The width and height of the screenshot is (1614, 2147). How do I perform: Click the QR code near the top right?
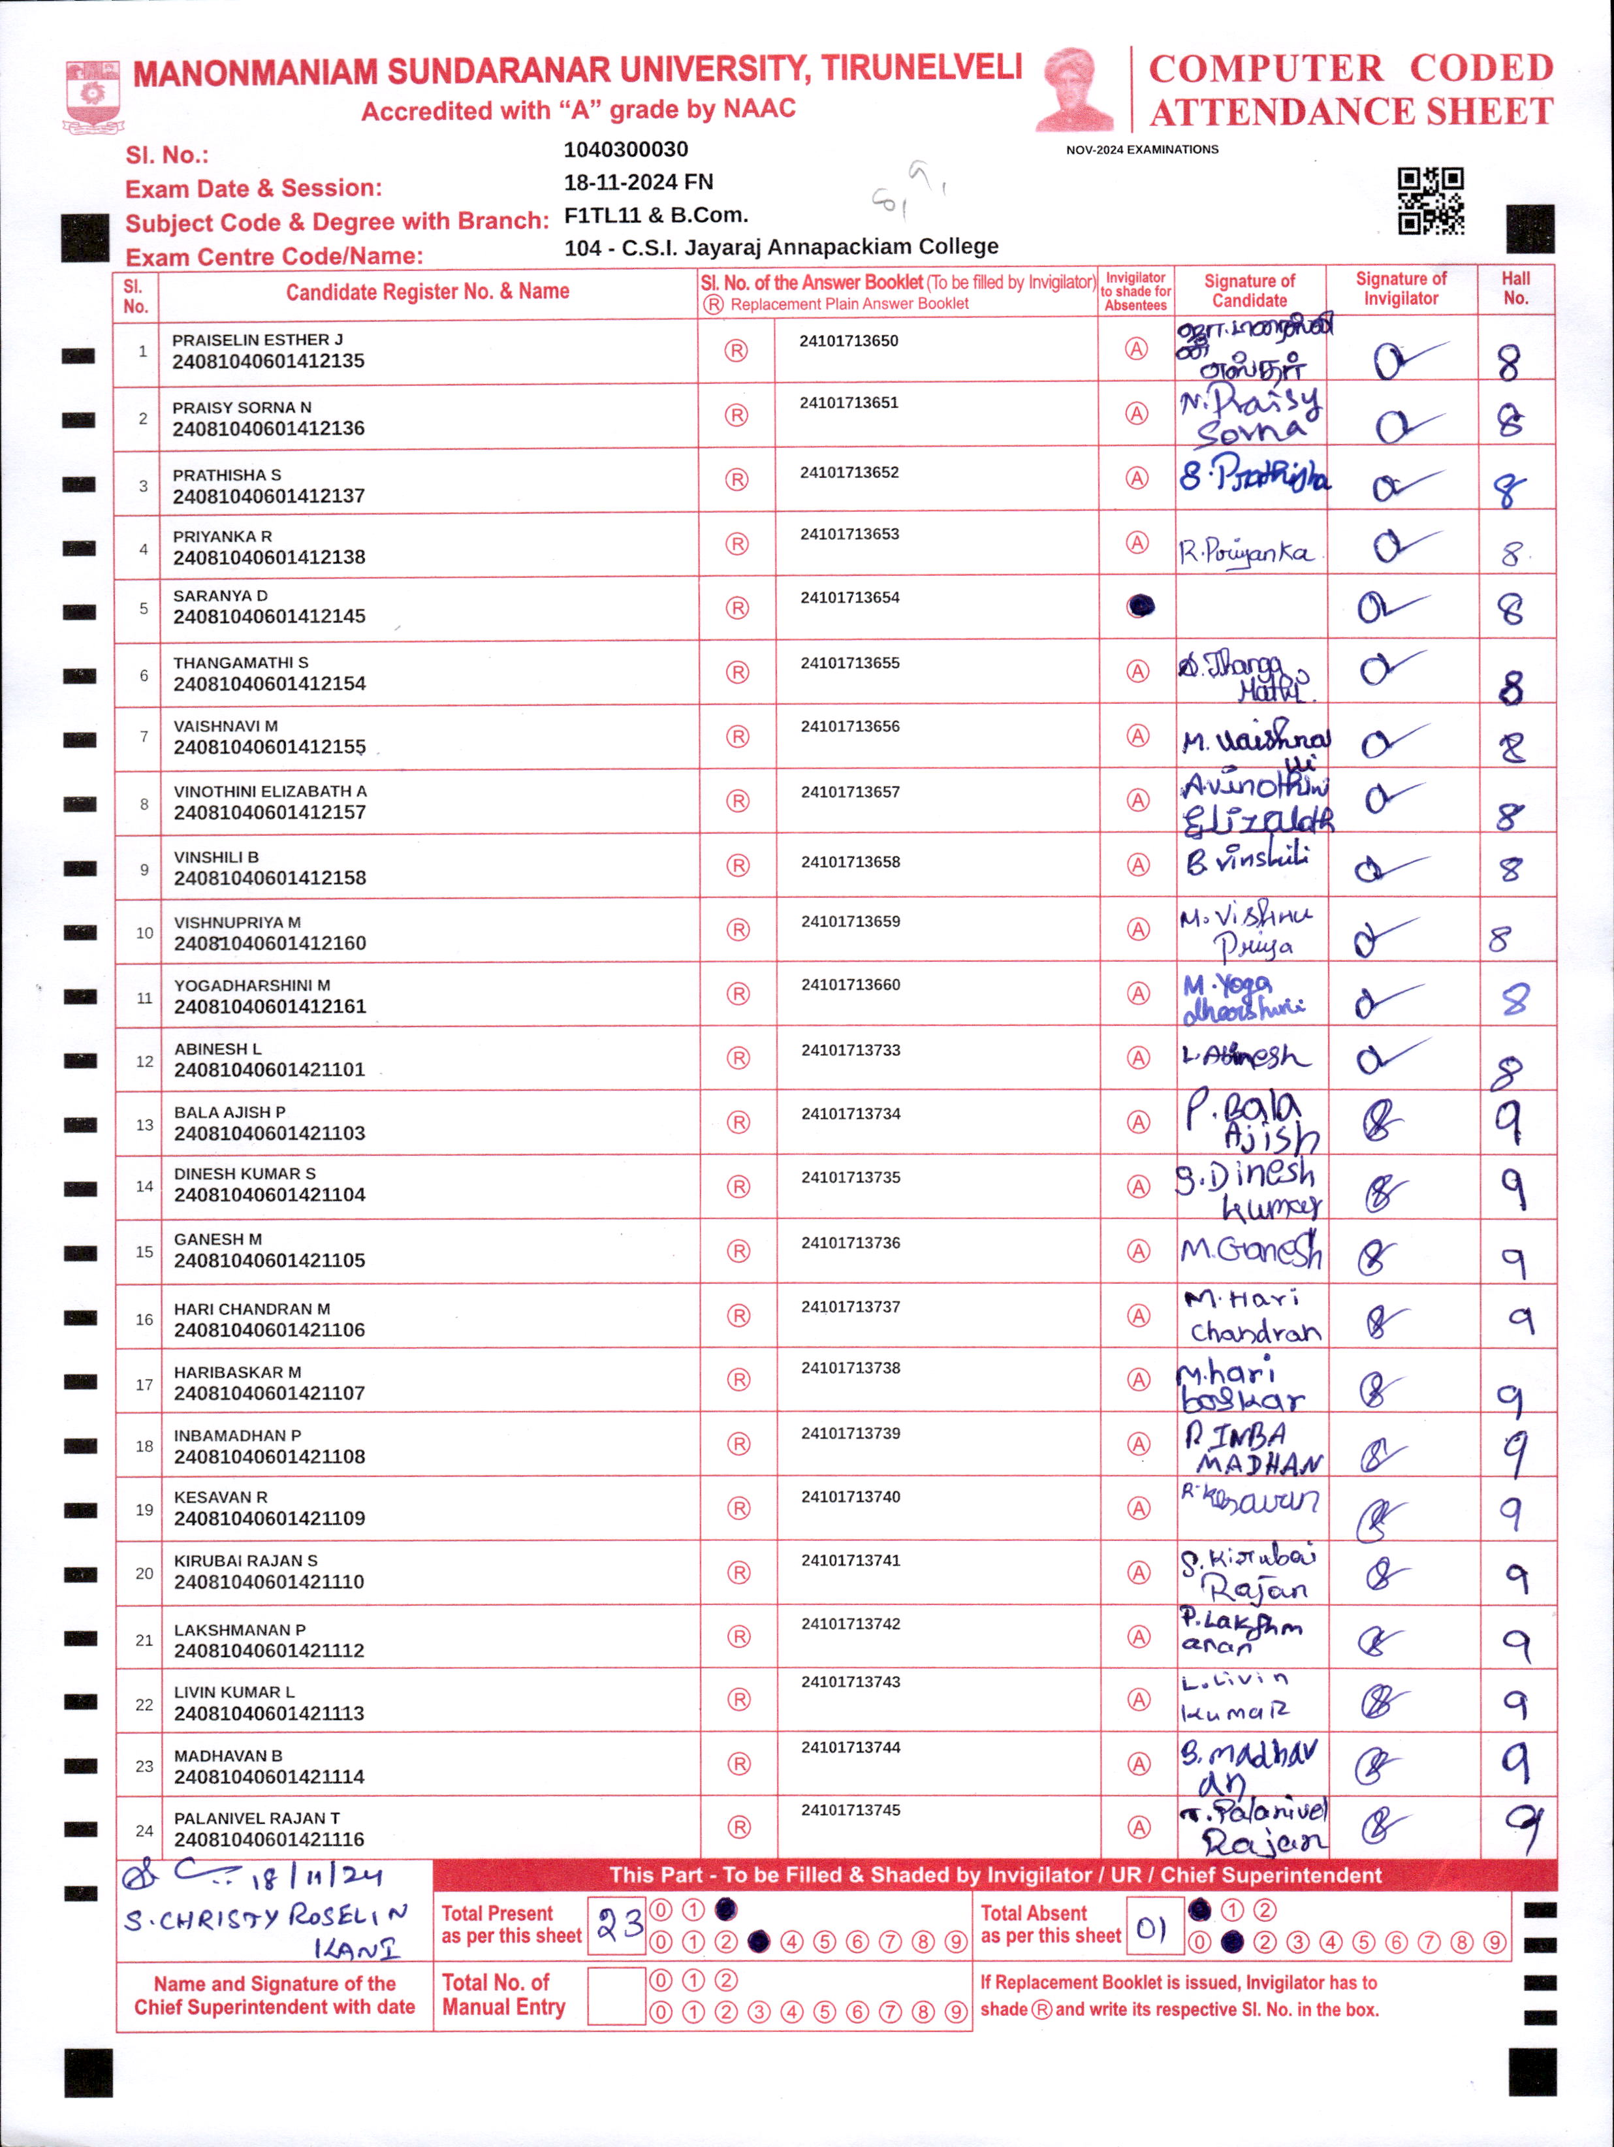click(x=1430, y=201)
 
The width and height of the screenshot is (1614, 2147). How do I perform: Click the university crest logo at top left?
click(x=93, y=95)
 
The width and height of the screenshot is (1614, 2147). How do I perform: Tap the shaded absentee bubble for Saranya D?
click(x=1141, y=607)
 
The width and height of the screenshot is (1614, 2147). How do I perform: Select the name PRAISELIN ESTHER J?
click(x=257, y=340)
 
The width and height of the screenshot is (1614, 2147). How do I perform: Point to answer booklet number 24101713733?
click(x=850, y=1050)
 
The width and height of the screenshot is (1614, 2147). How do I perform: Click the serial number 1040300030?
click(x=626, y=150)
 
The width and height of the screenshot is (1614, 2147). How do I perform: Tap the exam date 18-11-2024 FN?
click(x=639, y=182)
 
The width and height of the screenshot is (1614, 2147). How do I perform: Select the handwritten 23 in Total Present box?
click(x=618, y=1924)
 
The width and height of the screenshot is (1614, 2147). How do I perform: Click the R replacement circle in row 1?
click(x=736, y=351)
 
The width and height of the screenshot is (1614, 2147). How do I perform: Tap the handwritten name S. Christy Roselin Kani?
click(x=267, y=1930)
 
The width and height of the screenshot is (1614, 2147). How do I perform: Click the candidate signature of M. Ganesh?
click(x=1250, y=1250)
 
